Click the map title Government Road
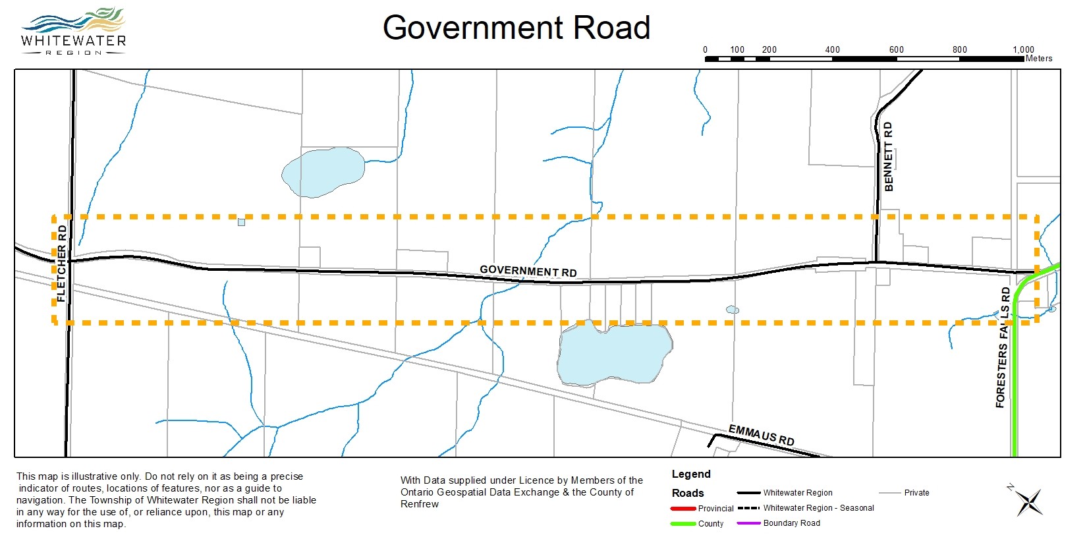coord(516,28)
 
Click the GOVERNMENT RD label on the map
coord(528,270)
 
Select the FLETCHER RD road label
coord(62,264)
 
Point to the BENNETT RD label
coord(888,157)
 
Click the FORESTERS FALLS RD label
coord(1003,347)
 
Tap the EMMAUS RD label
coord(761,435)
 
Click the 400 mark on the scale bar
coord(833,49)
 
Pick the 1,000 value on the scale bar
coord(1023,49)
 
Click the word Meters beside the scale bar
coord(1039,59)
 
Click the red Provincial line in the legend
coord(683,509)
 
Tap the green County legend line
coord(683,524)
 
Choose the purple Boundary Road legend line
coord(748,523)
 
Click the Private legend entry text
coord(916,493)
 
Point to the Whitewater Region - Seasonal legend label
coord(818,508)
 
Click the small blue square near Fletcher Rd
coord(242,222)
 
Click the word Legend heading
coord(691,474)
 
